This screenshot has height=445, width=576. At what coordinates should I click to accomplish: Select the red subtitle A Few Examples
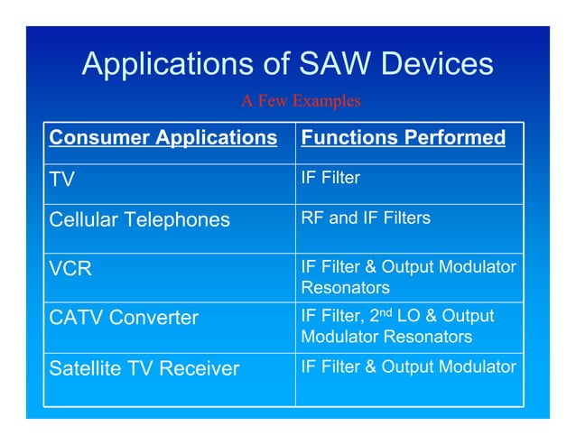(300, 101)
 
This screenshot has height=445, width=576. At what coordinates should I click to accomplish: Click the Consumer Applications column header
(163, 138)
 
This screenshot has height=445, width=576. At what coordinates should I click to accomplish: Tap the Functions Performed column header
(403, 138)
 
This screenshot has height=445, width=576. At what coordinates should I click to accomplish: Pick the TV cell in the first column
(61, 179)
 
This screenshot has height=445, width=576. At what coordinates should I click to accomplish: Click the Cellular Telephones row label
(139, 219)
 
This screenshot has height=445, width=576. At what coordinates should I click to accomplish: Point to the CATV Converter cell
(124, 318)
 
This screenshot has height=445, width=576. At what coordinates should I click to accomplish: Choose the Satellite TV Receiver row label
(144, 368)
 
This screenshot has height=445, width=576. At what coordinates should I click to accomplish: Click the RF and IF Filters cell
(365, 218)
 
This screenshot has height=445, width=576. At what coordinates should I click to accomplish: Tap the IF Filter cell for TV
(330, 178)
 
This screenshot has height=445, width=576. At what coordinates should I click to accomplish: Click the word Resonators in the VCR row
(345, 288)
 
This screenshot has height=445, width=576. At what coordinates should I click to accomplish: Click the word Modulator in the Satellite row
(476, 366)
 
